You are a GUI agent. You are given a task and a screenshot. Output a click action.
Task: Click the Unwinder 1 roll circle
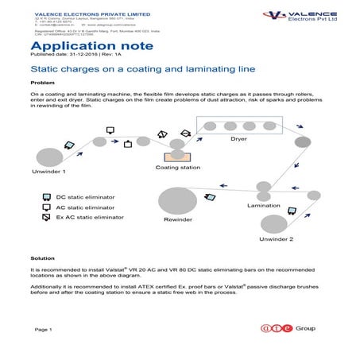pos(48,157)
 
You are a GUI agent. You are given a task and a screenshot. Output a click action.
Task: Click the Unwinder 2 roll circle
pos(274,224)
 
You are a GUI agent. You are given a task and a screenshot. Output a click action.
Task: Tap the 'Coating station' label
pos(178,168)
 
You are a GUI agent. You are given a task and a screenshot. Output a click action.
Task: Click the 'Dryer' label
pos(238,139)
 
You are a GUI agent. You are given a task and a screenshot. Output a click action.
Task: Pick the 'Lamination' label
pos(265,205)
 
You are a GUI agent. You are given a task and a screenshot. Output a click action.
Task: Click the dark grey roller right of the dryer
pos(302,142)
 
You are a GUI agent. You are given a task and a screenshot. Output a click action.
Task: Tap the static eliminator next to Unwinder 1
pos(70,144)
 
